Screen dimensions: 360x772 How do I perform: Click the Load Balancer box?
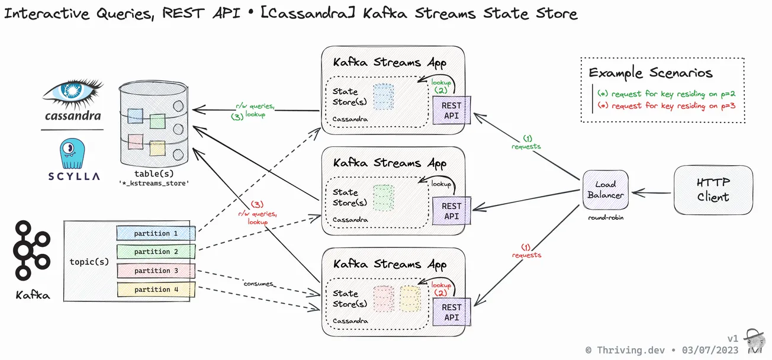click(605, 190)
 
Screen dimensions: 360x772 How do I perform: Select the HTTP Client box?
click(713, 190)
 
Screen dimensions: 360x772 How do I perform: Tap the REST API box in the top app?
click(451, 110)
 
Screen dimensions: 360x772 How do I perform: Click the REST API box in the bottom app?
click(451, 312)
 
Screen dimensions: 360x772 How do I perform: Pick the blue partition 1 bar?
click(156, 233)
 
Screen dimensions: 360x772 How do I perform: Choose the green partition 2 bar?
click(156, 252)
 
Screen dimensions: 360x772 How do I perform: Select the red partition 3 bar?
click(156, 271)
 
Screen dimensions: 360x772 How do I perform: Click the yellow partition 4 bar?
click(156, 290)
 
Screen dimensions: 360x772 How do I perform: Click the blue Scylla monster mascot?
click(73, 153)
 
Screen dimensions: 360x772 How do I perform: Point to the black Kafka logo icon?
click(30, 250)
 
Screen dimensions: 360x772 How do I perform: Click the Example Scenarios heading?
click(650, 73)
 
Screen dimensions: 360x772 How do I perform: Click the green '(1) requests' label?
click(526, 143)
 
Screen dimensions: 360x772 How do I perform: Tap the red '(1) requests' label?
click(526, 251)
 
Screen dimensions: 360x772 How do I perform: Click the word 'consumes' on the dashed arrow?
click(259, 284)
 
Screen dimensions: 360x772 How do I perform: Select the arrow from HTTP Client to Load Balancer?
click(651, 192)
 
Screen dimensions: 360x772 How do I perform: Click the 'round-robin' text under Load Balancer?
click(606, 218)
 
